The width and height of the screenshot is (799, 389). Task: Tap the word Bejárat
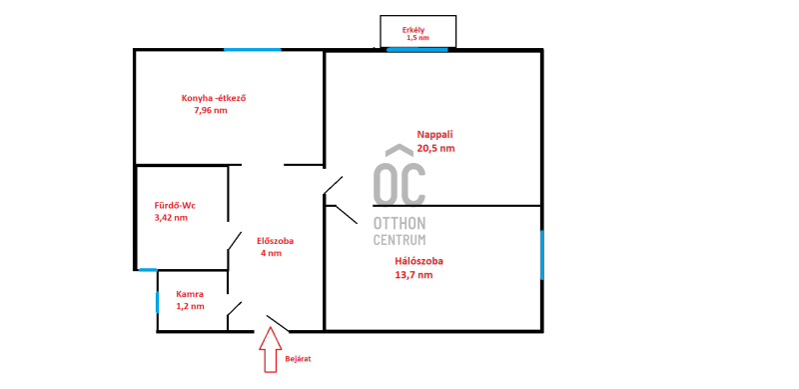tap(298, 359)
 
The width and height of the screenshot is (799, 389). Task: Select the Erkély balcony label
tap(413, 30)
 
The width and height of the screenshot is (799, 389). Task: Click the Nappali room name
tap(435, 135)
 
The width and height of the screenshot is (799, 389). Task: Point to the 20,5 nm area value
tap(435, 149)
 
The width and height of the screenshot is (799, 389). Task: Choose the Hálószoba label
tap(418, 261)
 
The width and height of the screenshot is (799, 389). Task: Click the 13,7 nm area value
tap(413, 275)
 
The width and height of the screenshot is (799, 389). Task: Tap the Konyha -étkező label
tap(214, 98)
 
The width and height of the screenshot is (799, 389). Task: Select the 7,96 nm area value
tap(211, 110)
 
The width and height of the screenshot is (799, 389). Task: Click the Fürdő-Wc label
tap(175, 206)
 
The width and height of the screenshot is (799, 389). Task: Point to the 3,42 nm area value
tap(171, 217)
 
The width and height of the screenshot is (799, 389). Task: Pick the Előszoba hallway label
tap(276, 241)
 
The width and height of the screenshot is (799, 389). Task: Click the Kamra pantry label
tap(190, 294)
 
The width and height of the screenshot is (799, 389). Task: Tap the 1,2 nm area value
tap(190, 306)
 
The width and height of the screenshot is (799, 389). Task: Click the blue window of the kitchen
tap(253, 50)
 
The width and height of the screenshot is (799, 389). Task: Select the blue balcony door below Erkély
tap(417, 50)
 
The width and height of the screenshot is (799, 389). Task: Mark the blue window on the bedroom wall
tap(541, 255)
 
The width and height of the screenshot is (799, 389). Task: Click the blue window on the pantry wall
tap(158, 302)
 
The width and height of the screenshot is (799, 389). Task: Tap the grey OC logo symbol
tap(399, 175)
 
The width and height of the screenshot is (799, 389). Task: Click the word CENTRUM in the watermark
tap(399, 239)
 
